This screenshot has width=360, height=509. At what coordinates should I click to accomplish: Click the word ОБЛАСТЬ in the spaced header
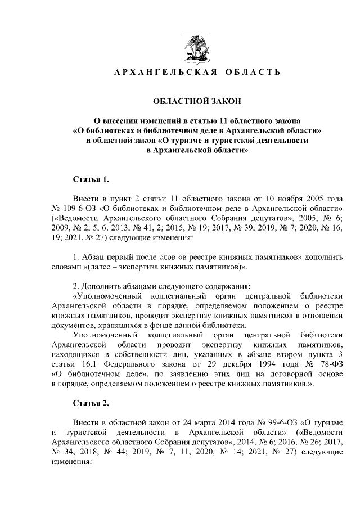(x=253, y=73)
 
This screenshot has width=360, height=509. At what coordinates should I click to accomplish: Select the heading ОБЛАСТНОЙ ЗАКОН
(x=197, y=101)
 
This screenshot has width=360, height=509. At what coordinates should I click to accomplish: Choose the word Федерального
(x=122, y=364)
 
